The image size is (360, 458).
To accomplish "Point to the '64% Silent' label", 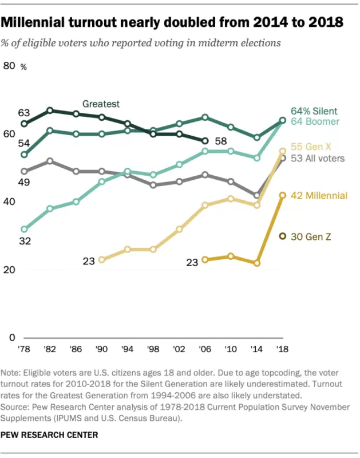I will point(314,111).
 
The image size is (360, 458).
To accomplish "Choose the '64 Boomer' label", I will point(315,121).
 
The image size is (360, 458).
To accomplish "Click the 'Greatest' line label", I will point(101,104).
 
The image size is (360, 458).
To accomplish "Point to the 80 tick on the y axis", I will point(9,66).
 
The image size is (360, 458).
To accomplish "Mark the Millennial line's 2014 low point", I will point(257,263).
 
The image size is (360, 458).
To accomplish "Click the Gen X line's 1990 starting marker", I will point(102,260).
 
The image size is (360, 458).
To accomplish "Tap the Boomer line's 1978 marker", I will point(24,229).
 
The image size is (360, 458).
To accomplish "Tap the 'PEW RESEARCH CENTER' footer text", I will point(49,435).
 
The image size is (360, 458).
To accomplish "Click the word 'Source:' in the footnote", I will point(17,406).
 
